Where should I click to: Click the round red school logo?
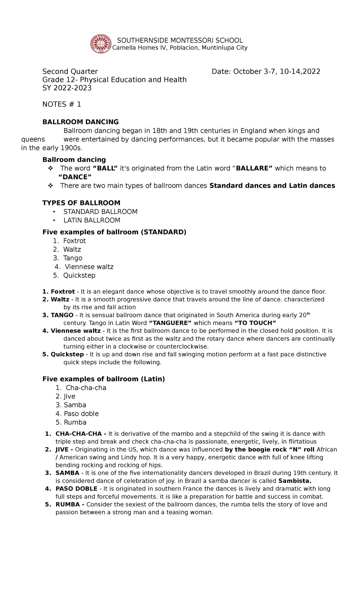101,44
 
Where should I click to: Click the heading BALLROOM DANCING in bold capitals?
80,122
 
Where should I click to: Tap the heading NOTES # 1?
61,104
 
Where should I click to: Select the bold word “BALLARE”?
254,168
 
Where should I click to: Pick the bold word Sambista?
295,481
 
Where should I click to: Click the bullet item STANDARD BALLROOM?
100,212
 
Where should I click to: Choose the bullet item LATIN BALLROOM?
91,221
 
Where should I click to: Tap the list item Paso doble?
81,414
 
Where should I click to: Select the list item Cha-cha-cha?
86,388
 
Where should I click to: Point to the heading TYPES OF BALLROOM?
81,203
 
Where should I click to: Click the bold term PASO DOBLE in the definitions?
76,489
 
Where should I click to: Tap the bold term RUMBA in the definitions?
67,504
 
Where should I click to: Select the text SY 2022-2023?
67,88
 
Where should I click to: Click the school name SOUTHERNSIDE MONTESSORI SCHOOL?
180,41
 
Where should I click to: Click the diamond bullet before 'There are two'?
50,186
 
